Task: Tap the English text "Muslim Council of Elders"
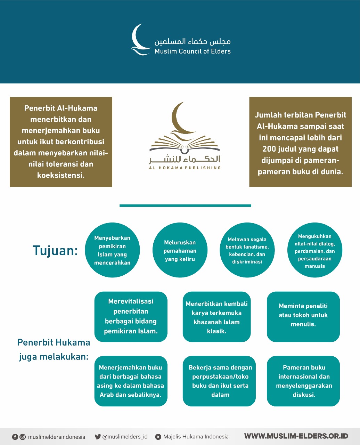[193, 51]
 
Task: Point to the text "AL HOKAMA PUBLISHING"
[185, 168]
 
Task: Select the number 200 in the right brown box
[269, 149]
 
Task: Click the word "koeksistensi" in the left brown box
[61, 175]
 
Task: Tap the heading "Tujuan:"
[55, 250]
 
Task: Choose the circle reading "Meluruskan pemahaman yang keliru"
[180, 251]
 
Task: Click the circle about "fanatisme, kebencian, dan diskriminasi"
[247, 251]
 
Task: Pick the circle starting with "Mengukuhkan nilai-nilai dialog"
[314, 251]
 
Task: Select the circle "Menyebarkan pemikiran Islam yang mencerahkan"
[112, 250]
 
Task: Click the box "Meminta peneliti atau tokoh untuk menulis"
[303, 316]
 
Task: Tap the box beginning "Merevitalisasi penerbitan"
[131, 316]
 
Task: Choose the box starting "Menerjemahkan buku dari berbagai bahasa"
[131, 381]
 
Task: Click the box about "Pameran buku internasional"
[303, 381]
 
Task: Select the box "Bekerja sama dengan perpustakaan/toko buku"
[219, 381]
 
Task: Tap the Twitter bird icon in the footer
[98, 437]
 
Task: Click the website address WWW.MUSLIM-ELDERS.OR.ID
[296, 436]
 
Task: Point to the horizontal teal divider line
[185, 205]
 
